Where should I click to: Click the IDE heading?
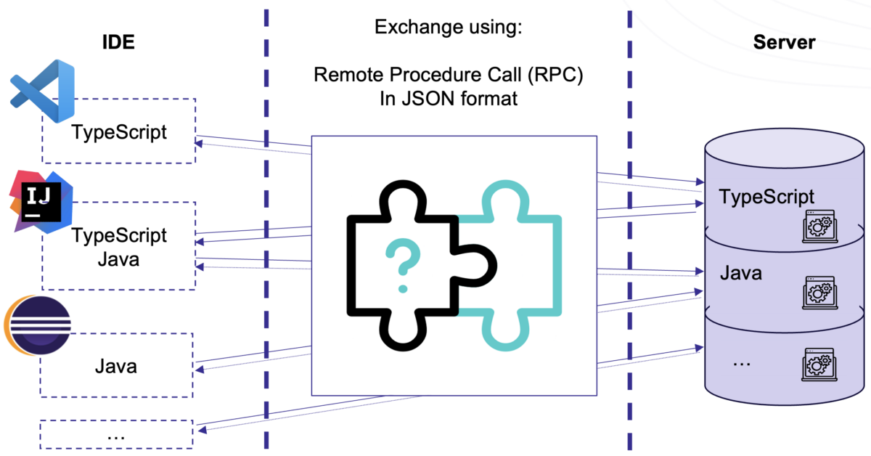click(118, 42)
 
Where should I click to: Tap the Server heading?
click(784, 42)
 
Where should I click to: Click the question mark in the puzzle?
click(401, 266)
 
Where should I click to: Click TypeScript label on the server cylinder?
click(766, 196)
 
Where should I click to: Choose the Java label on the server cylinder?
click(741, 273)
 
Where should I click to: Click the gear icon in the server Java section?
click(818, 293)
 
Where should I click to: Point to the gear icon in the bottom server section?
click(818, 365)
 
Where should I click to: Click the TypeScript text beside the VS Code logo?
click(119, 132)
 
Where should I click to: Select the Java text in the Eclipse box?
click(116, 365)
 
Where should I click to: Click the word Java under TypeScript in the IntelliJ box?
click(118, 258)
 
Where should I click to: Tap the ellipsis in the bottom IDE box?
click(116, 436)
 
